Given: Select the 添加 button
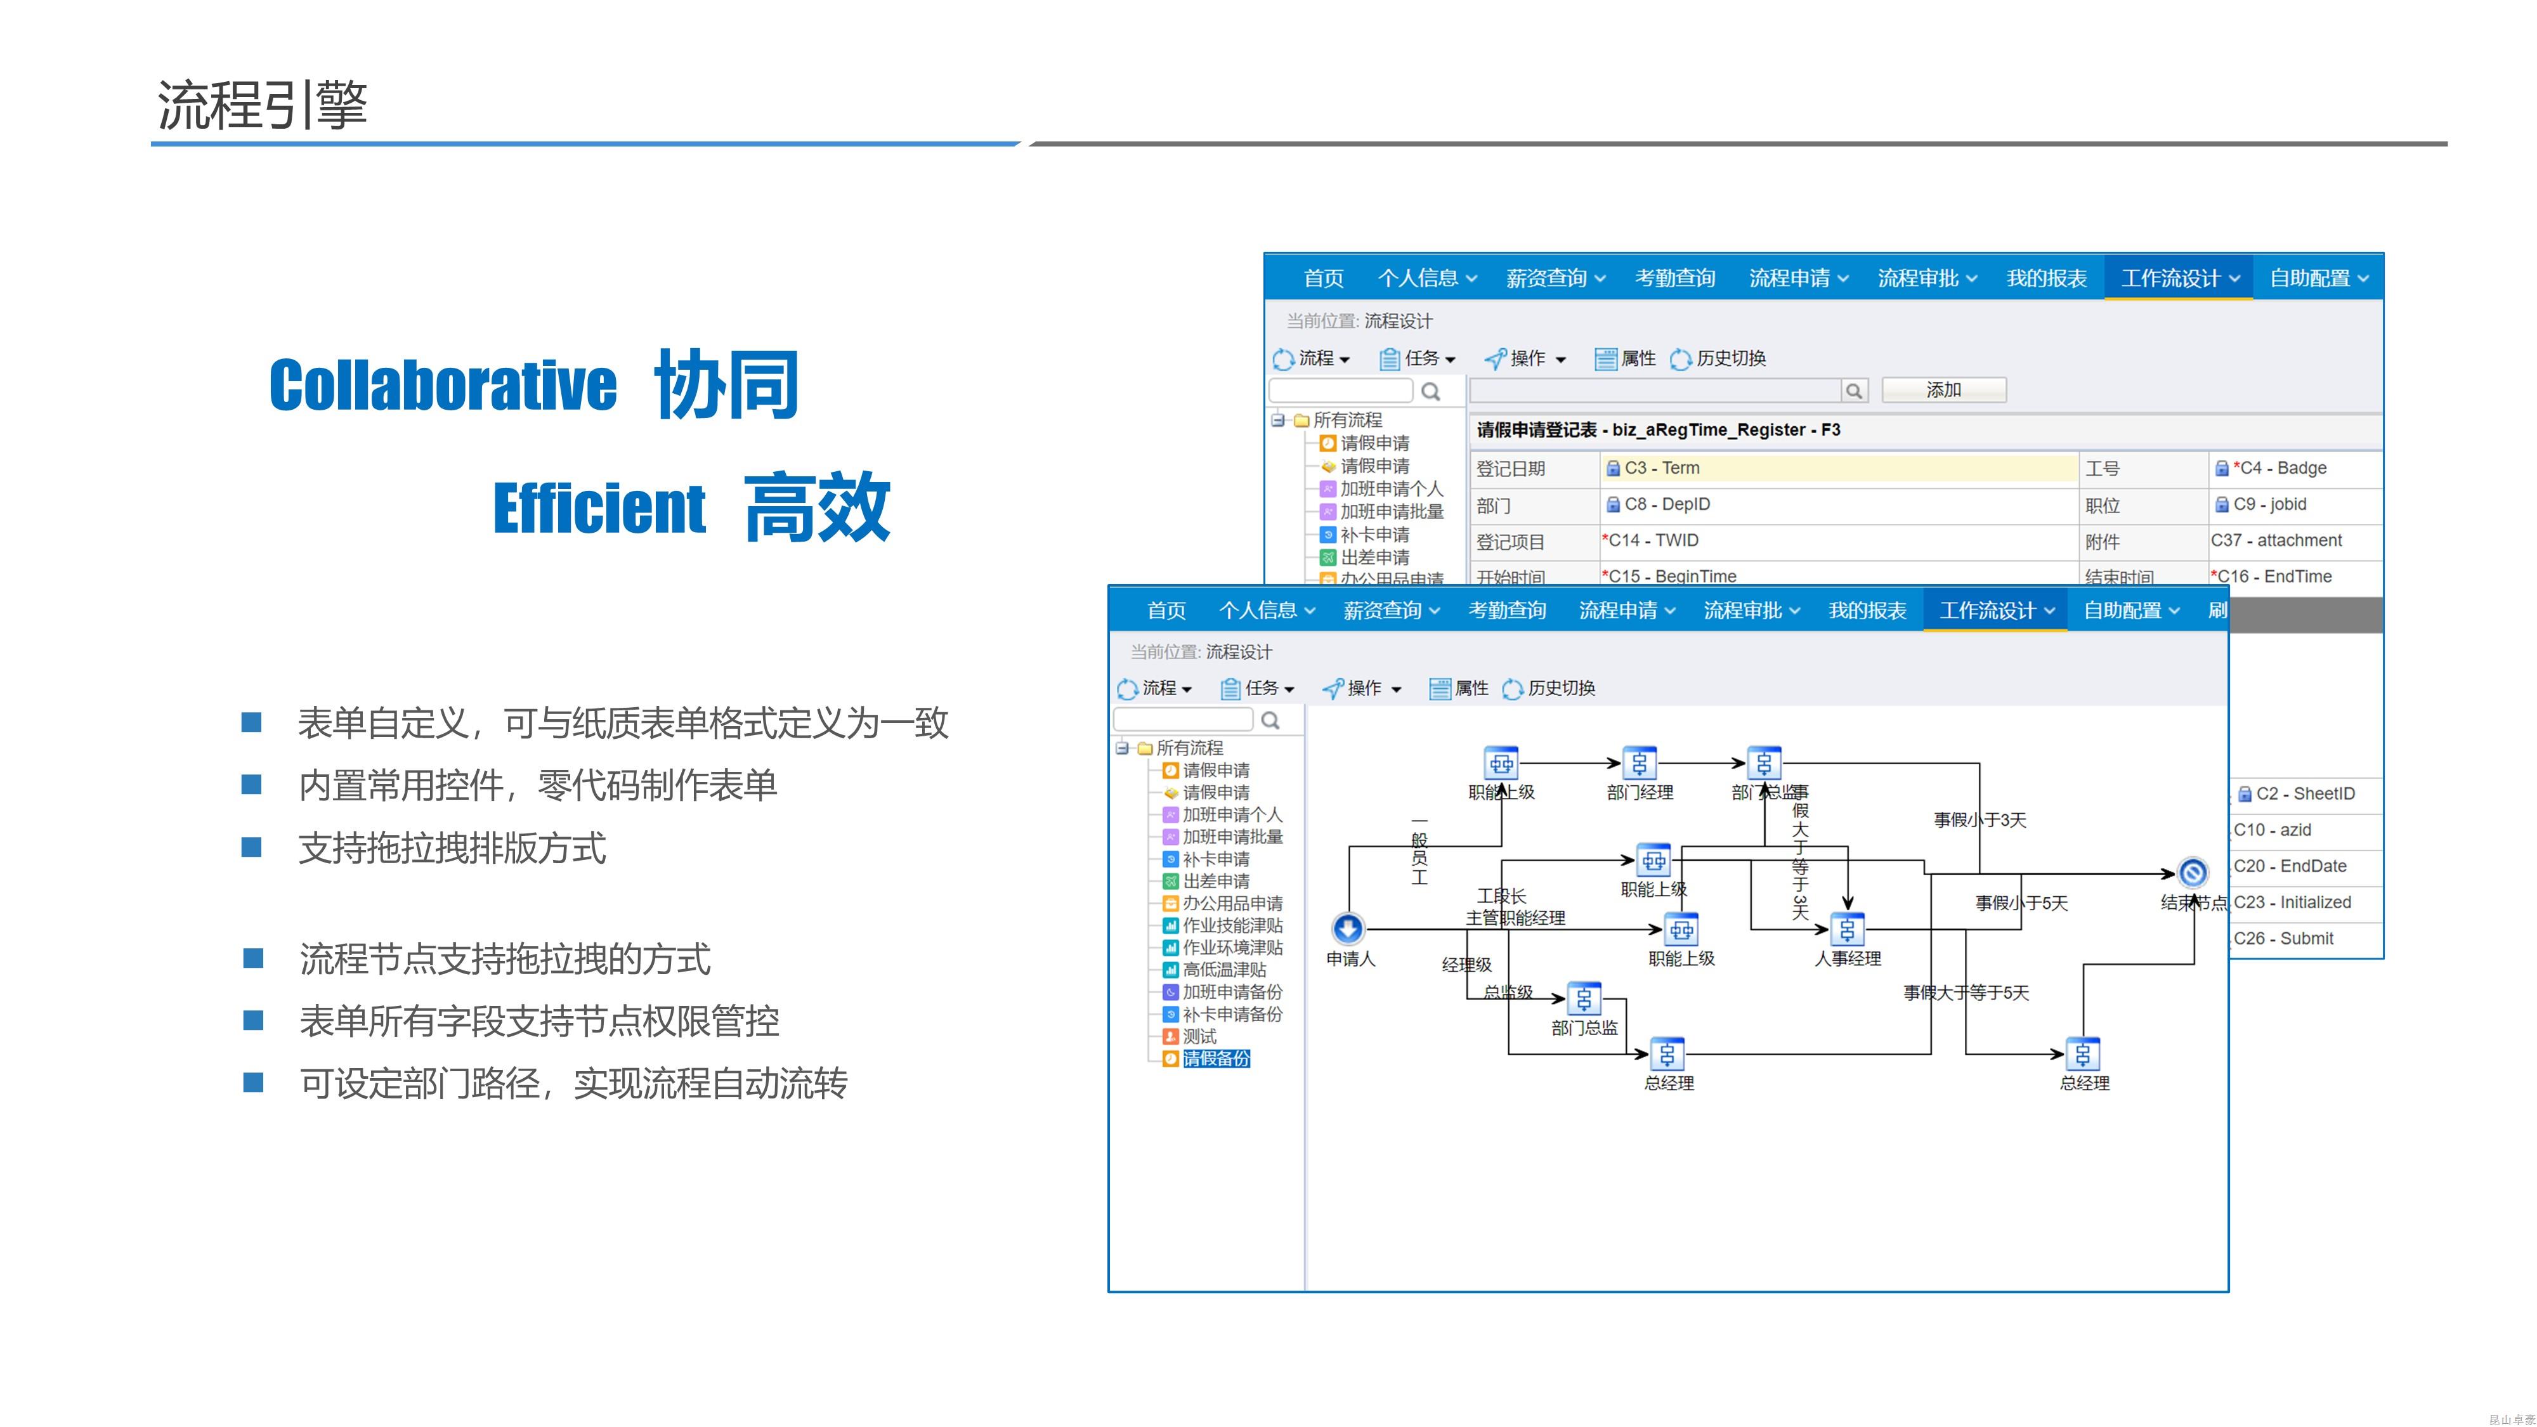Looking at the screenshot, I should point(1943,390).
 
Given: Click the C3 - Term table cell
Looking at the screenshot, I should point(1838,468).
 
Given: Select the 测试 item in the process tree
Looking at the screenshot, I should point(1199,1036).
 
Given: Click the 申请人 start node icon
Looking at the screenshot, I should point(1347,928).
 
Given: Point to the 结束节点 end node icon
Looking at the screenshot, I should point(2193,873).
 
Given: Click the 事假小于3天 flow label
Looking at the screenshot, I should point(1979,820).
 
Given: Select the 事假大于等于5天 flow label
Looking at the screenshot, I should point(1966,993).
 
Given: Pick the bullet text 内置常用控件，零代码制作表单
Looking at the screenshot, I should point(538,785).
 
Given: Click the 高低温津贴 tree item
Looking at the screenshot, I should point(1223,970).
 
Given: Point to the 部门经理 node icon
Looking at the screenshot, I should point(1639,763).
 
